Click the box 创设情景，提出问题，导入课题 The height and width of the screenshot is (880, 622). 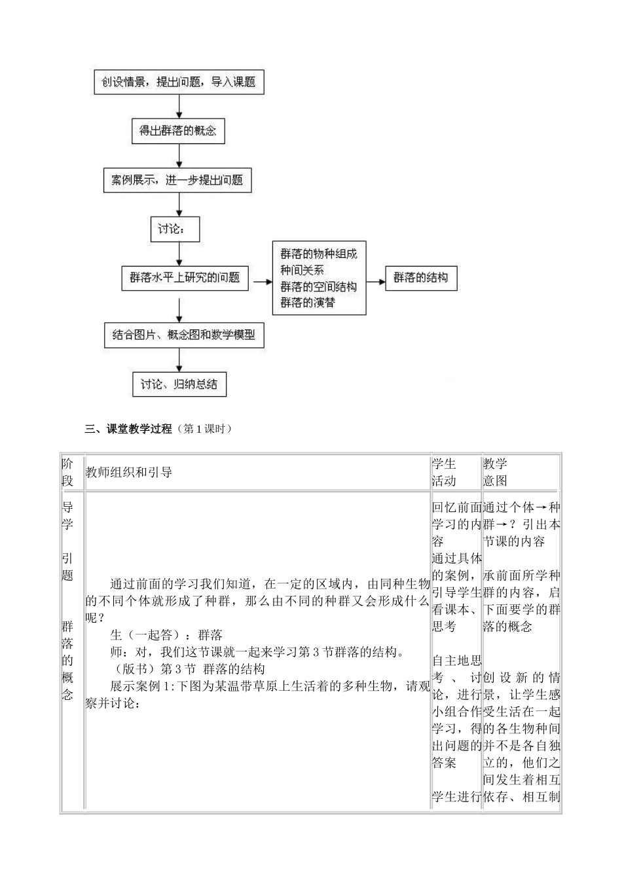(x=178, y=82)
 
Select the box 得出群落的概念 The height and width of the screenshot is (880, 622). (x=177, y=130)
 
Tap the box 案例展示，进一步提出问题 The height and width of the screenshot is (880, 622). (x=177, y=179)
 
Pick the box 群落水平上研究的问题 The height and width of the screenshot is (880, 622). (x=185, y=278)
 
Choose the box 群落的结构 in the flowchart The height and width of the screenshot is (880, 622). (x=420, y=278)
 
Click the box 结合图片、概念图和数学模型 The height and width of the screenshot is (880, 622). (x=183, y=335)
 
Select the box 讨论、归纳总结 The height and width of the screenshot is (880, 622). (x=179, y=384)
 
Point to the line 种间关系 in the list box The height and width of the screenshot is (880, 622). (x=302, y=270)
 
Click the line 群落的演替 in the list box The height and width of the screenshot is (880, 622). (x=308, y=302)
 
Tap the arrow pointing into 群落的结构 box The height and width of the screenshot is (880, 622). (x=375, y=282)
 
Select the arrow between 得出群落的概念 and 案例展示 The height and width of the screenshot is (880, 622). (x=178, y=156)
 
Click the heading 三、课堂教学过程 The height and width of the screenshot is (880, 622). (x=128, y=429)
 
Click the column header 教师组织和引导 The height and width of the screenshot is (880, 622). (x=129, y=472)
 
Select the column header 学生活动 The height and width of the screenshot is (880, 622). (x=444, y=472)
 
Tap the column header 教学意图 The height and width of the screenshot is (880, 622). (x=496, y=472)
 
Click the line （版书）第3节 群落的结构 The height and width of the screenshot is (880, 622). (x=187, y=669)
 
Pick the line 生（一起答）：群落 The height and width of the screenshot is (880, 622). (x=166, y=634)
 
